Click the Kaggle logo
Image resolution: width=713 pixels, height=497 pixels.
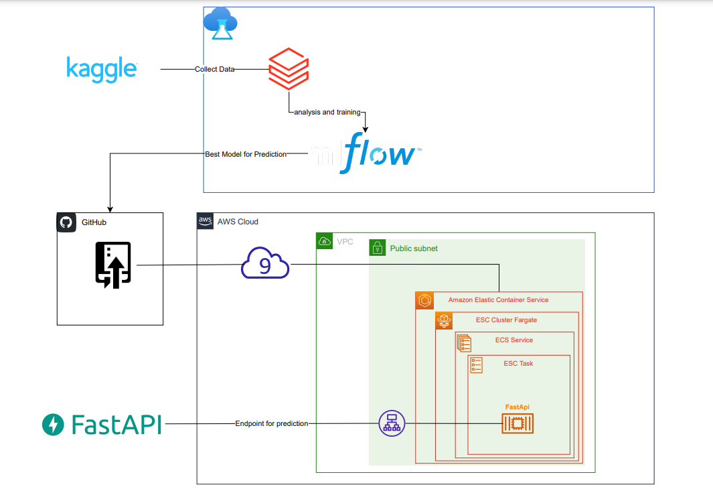[x=102, y=69]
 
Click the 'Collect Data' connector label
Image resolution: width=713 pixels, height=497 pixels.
[x=214, y=69]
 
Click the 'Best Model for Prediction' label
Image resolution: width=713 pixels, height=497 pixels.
[x=246, y=154]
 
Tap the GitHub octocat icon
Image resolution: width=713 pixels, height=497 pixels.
[x=66, y=222]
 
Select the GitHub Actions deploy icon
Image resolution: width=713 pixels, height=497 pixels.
[x=113, y=265]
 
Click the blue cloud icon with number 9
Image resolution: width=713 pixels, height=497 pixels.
[x=265, y=265]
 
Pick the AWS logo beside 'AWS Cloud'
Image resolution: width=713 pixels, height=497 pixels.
[x=205, y=221]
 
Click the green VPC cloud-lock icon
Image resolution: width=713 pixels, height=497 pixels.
[x=325, y=241]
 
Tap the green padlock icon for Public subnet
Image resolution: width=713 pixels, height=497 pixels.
[x=378, y=248]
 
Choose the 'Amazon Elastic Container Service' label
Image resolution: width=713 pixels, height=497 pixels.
[x=498, y=300]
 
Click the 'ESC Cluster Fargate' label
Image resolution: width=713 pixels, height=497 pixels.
[x=506, y=320]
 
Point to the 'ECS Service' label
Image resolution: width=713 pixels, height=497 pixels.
[x=514, y=340]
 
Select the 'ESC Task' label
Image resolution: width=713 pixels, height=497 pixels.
[x=518, y=364]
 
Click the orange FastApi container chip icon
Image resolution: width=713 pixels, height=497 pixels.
[x=518, y=423]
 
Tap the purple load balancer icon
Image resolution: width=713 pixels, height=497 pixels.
[x=392, y=423]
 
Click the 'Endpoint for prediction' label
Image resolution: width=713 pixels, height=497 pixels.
[x=272, y=423]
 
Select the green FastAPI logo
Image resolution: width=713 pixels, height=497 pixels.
[x=102, y=424]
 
